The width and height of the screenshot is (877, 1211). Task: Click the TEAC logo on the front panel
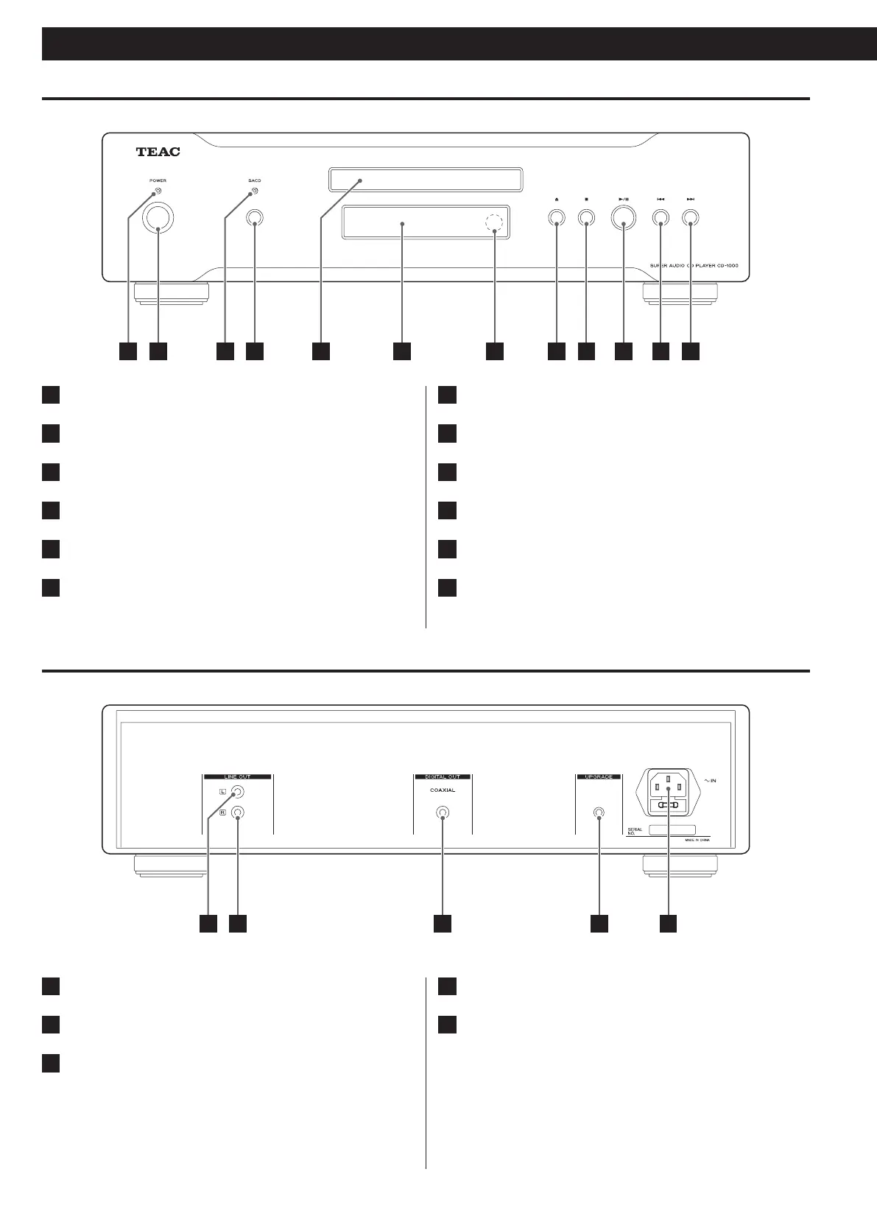(158, 152)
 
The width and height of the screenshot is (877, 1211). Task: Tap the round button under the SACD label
(255, 218)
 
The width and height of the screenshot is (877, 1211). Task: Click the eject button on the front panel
(556, 218)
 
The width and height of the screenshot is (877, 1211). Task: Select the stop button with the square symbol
(586, 218)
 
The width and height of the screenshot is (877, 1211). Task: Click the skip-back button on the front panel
(661, 218)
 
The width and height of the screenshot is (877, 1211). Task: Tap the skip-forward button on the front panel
(690, 218)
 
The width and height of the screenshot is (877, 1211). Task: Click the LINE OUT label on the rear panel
(237, 776)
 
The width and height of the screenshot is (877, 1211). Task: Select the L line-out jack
(237, 793)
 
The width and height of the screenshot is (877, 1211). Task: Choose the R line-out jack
(237, 812)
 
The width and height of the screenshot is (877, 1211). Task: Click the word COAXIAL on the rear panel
(443, 790)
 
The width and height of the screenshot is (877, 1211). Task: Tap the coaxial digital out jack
(443, 813)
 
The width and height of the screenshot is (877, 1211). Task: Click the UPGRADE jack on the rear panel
(599, 813)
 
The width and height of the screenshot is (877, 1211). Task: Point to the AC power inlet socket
(668, 793)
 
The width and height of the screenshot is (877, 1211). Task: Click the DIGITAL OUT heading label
(442, 776)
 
